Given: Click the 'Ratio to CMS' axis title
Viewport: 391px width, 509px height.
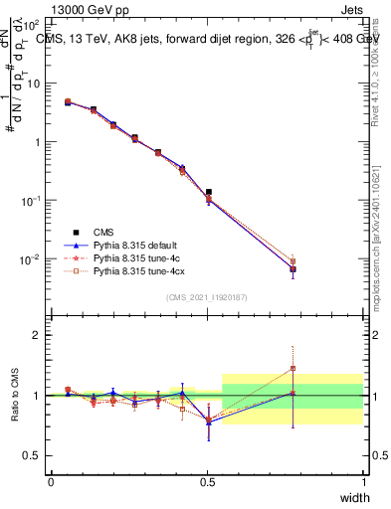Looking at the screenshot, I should pos(16,396).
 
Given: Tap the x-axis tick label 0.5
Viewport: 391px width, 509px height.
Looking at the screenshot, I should pos(208,481).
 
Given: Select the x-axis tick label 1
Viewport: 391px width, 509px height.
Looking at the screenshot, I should pos(364,481).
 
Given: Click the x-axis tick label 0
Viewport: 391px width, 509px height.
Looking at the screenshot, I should pos(52,481).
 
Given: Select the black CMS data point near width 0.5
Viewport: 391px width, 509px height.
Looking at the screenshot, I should pos(209,192).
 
